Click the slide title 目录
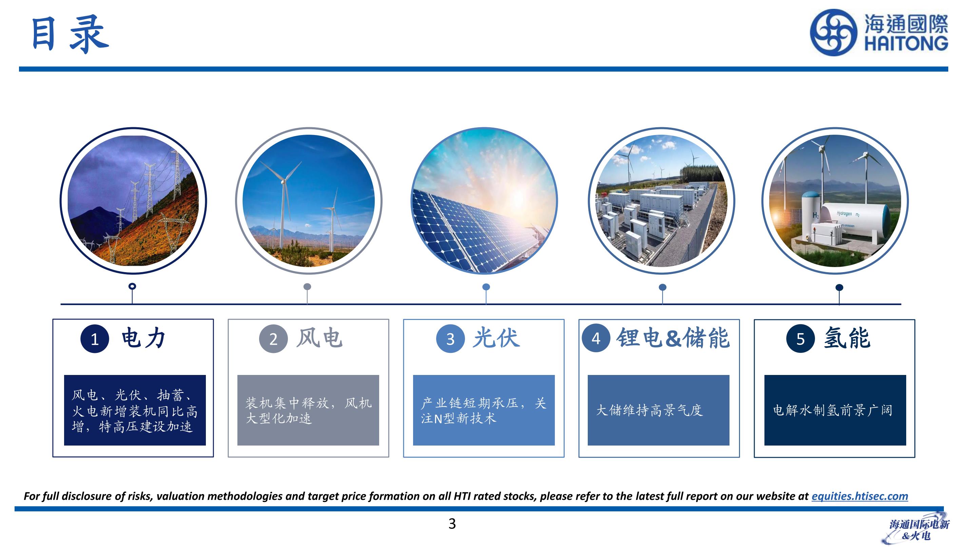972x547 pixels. point(70,34)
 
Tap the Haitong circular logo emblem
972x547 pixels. point(833,32)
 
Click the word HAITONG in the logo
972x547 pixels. point(906,43)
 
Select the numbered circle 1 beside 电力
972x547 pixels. point(95,339)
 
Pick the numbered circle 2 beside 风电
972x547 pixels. point(273,339)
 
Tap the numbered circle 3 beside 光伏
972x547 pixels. point(450,339)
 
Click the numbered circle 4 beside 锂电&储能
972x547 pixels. point(596,338)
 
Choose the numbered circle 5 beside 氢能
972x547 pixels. point(800,339)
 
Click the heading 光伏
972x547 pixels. point(497,338)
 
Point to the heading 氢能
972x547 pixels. point(847,338)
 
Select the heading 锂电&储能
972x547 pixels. point(673,338)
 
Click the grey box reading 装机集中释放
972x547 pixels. point(308,410)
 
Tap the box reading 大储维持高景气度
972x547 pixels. point(658,410)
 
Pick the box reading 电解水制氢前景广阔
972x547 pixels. point(835,410)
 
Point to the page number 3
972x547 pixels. point(452,524)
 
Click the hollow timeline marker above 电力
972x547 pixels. point(132,286)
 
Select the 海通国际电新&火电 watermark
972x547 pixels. point(919,529)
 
